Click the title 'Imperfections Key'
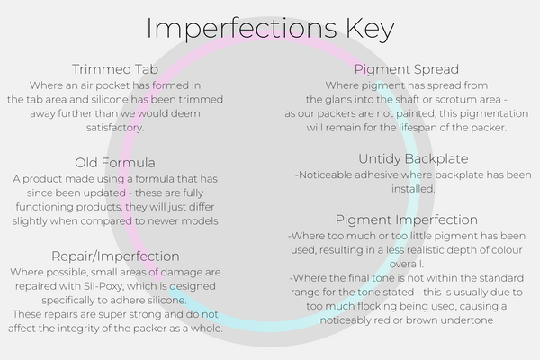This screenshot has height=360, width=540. (x=270, y=28)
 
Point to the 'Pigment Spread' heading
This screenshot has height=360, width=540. (x=408, y=68)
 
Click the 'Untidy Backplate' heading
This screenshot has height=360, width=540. (x=408, y=157)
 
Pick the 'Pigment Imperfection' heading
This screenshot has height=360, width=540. (x=408, y=219)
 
